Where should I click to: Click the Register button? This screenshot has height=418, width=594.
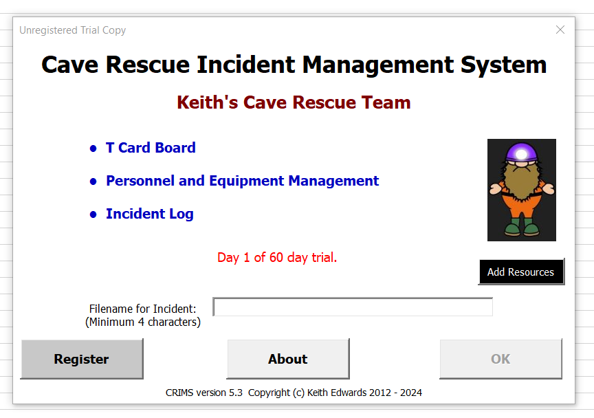click(82, 359)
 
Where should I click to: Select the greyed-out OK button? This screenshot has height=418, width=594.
click(500, 359)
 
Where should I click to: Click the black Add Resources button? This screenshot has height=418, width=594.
click(521, 272)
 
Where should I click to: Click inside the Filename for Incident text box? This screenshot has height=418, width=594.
click(353, 307)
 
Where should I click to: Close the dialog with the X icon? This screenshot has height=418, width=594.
click(560, 30)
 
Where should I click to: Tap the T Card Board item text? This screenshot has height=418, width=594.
click(151, 147)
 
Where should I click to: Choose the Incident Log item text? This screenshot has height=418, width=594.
click(150, 214)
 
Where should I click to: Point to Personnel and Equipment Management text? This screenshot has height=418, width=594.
click(243, 181)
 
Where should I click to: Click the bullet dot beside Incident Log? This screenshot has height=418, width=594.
click(93, 214)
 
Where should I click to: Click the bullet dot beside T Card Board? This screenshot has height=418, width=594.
click(93, 148)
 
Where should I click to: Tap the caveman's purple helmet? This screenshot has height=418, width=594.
click(521, 153)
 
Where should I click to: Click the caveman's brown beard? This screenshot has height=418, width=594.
click(522, 181)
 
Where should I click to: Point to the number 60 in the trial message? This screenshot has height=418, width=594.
click(276, 258)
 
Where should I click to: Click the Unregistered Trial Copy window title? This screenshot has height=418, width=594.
click(72, 30)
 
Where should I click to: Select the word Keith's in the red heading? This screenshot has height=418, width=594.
click(208, 102)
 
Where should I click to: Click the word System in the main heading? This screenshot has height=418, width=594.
click(503, 65)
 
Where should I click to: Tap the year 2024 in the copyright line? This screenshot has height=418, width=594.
click(411, 393)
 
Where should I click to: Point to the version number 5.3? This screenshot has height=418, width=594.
click(236, 393)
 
